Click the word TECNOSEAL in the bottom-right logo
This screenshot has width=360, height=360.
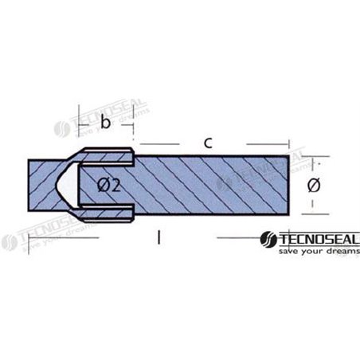click(314, 237)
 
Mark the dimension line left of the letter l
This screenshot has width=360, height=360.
click(64, 238)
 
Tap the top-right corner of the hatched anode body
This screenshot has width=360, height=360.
click(288, 157)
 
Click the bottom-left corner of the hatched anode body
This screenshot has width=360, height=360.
click(28, 213)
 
